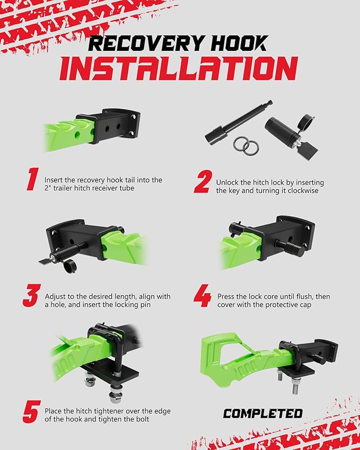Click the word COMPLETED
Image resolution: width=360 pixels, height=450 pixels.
[262, 413]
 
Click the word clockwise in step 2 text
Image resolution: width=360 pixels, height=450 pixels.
[301, 191]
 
